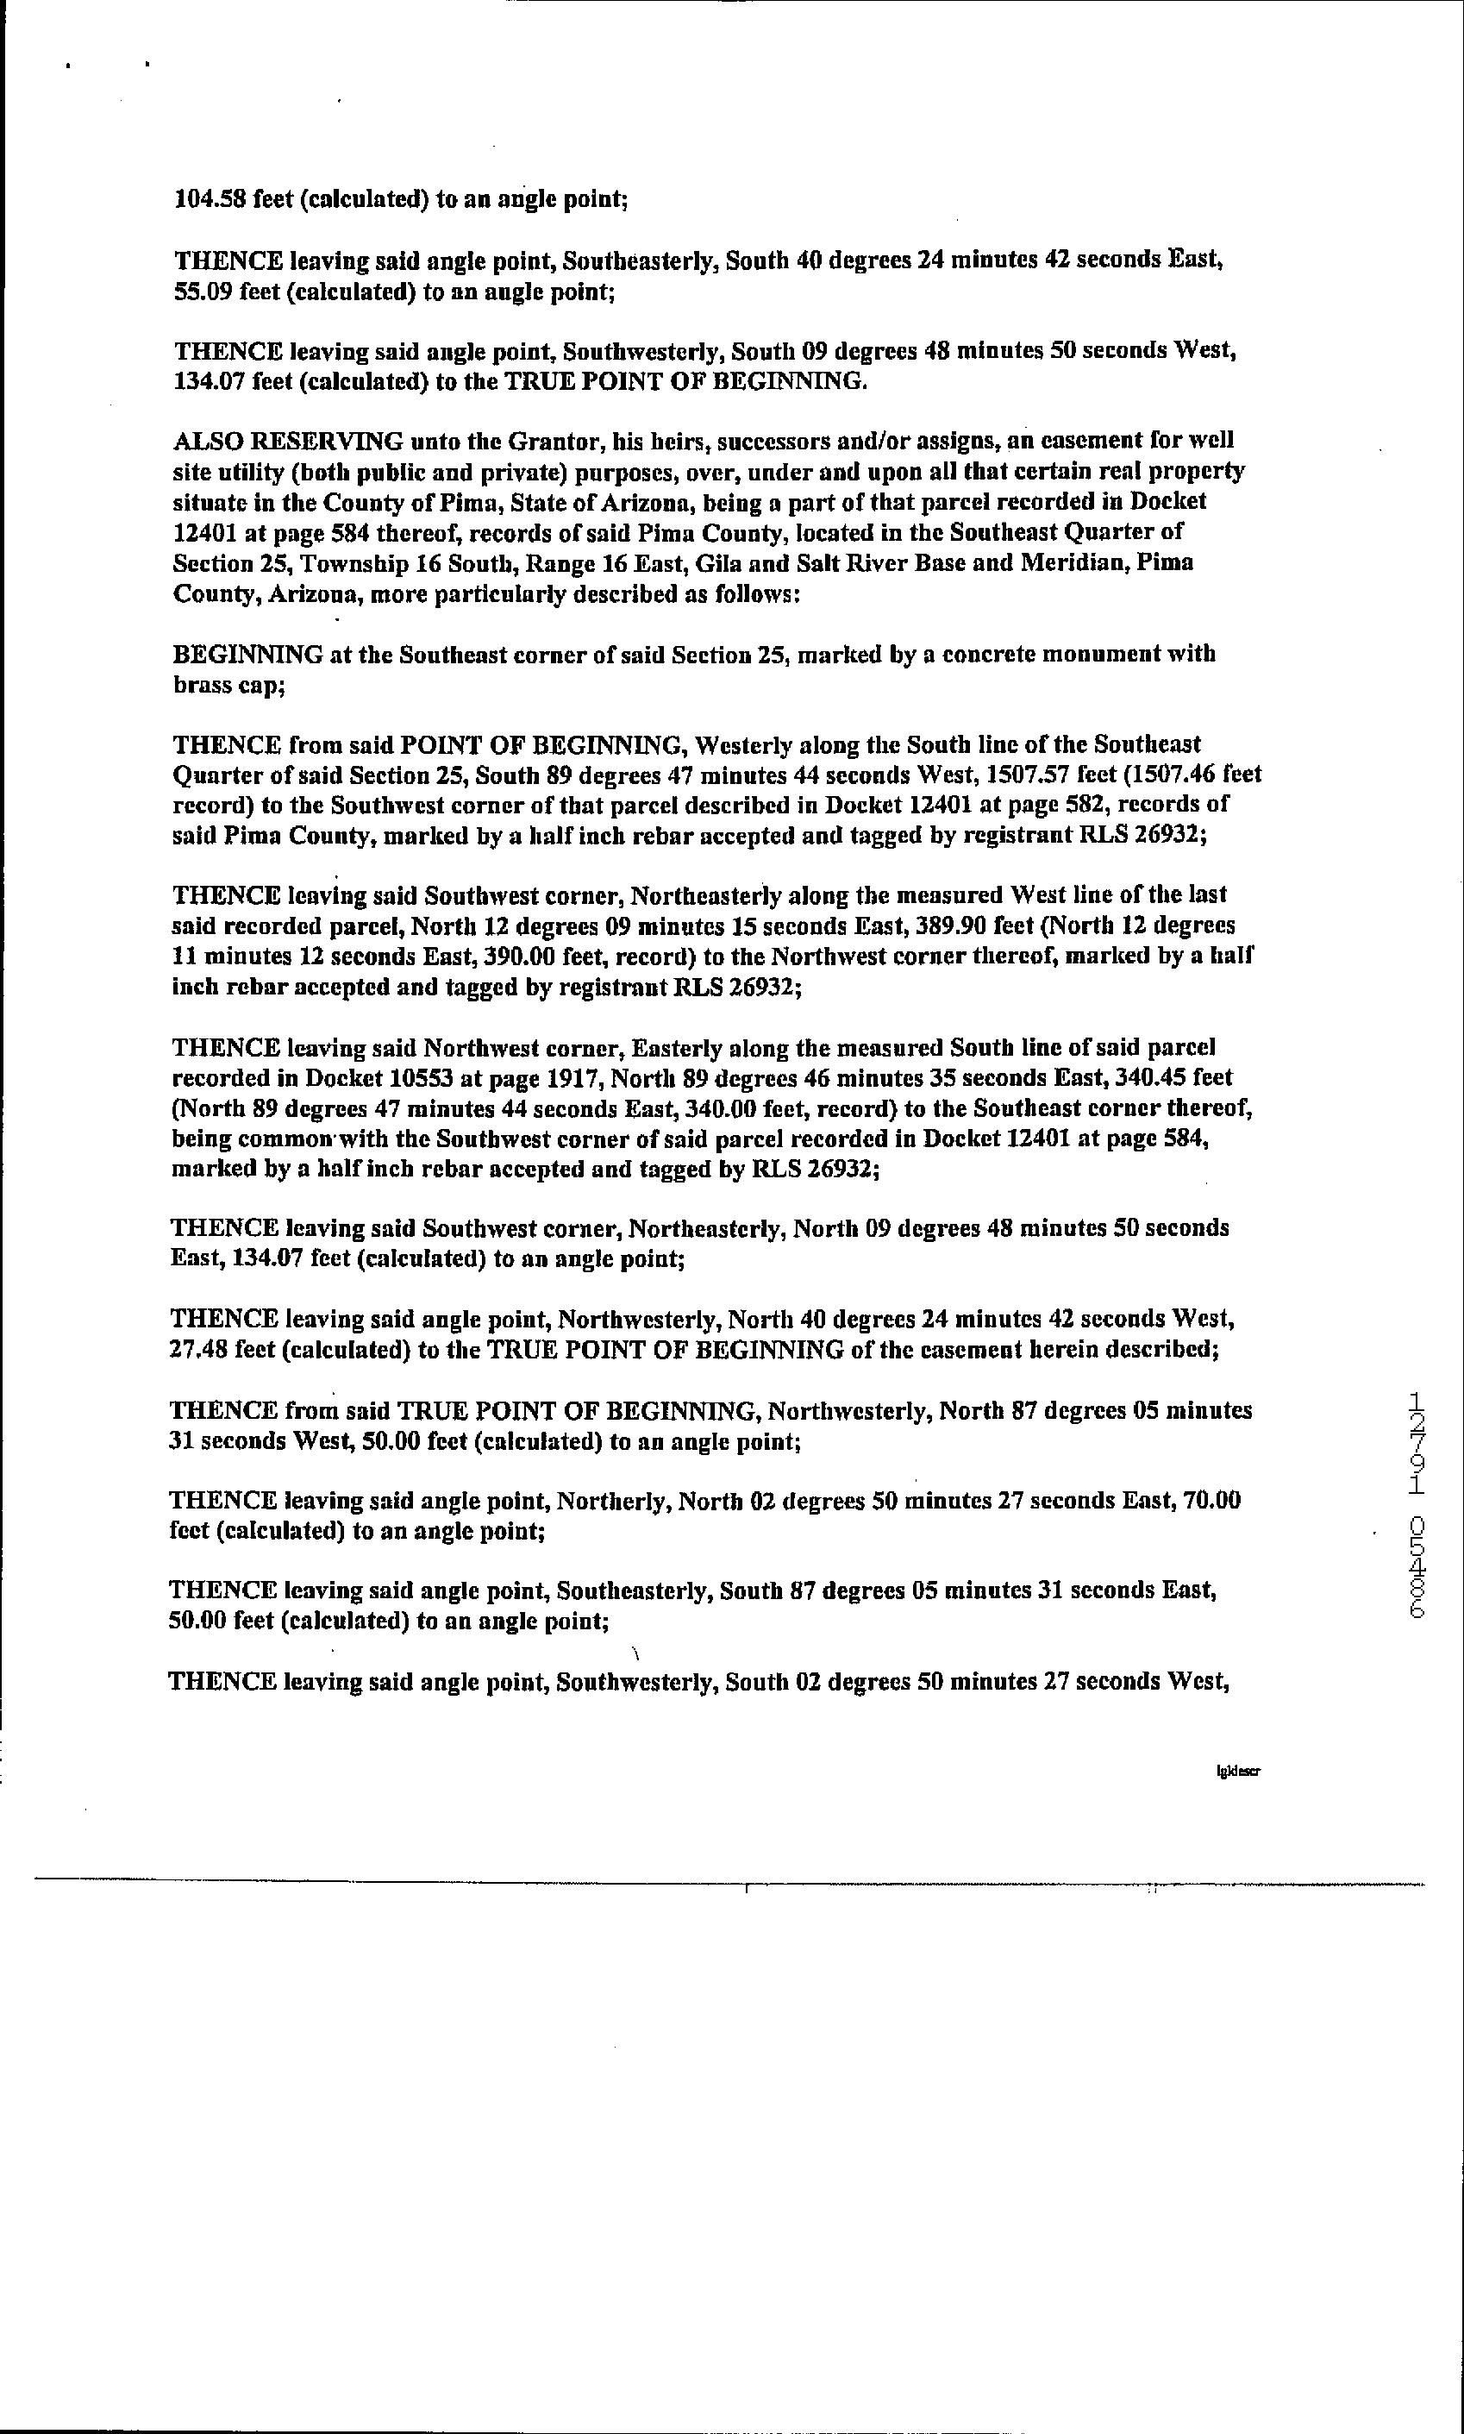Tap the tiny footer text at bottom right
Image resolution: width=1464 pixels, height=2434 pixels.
pos(1239,1771)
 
